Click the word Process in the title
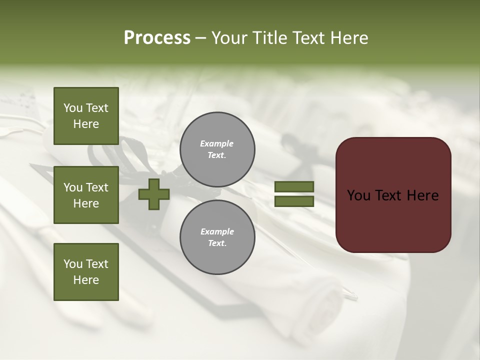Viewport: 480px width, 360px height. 157,38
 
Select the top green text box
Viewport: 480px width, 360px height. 86,116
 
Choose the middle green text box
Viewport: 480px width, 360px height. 86,195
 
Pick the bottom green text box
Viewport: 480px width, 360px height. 86,271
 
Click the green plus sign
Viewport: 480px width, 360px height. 154,194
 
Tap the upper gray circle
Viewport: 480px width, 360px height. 217,149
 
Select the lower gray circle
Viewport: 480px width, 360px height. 217,237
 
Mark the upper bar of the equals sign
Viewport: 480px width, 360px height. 294,187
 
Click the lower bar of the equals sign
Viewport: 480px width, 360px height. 294,201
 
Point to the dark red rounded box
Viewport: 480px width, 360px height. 393,195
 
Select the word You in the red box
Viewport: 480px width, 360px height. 359,195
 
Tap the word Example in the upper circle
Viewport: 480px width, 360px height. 216,143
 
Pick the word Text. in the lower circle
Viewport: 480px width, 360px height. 217,243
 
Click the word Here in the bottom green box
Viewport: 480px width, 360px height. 86,280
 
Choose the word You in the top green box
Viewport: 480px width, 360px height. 73,108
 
